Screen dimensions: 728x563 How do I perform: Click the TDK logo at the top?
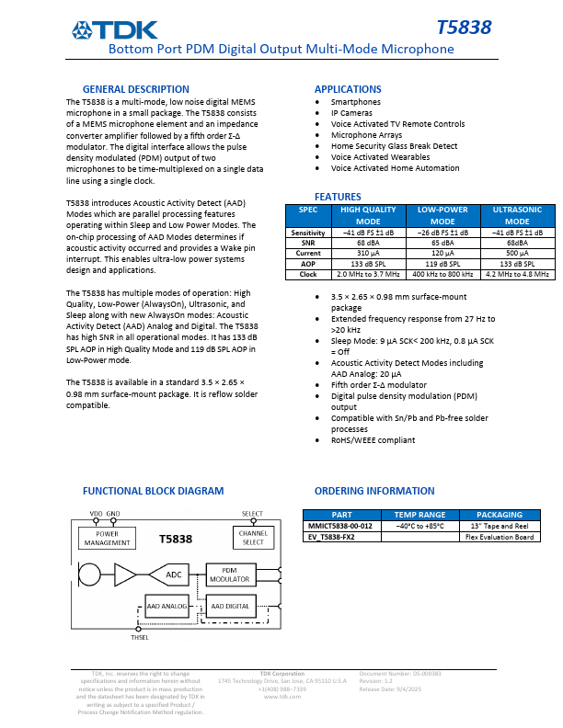click(x=116, y=30)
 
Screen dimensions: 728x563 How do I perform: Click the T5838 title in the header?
click(x=465, y=29)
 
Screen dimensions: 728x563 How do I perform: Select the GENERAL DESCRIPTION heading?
click(x=136, y=89)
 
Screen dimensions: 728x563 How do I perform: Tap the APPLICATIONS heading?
click(x=349, y=89)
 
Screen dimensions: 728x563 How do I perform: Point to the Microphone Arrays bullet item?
click(x=366, y=135)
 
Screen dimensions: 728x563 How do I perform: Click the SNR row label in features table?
click(x=308, y=243)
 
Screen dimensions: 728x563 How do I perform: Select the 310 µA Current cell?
click(x=368, y=253)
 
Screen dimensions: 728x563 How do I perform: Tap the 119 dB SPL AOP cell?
click(x=442, y=263)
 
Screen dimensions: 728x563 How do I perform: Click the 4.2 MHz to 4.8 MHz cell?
click(x=517, y=274)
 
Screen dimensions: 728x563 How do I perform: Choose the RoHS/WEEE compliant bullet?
click(x=373, y=440)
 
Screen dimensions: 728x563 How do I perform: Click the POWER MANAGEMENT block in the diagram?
click(x=107, y=538)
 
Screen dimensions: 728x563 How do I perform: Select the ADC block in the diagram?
click(x=174, y=575)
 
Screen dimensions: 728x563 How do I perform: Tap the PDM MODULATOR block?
click(x=230, y=574)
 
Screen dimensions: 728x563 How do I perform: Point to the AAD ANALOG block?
click(x=167, y=607)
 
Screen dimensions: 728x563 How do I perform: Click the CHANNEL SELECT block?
click(x=253, y=538)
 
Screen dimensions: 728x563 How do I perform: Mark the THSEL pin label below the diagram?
click(x=140, y=638)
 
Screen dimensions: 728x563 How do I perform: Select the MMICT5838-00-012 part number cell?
click(x=340, y=526)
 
